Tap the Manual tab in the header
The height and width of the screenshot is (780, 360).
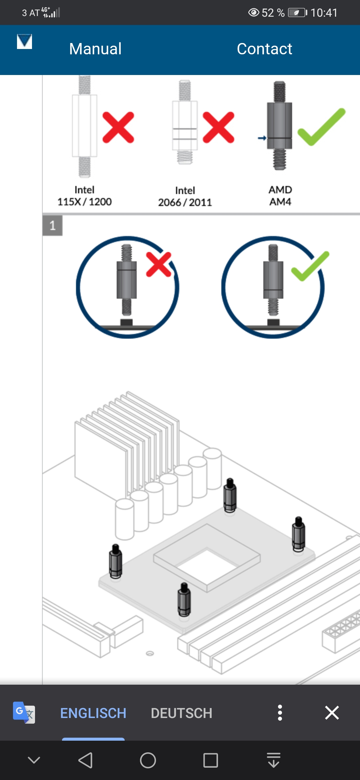[95, 49]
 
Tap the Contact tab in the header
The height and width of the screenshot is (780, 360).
[264, 49]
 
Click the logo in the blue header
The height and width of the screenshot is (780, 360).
[24, 42]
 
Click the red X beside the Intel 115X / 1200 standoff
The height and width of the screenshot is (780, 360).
[118, 128]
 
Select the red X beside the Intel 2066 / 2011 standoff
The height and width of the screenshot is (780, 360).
[219, 128]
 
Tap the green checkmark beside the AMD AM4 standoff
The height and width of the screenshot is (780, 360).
[321, 127]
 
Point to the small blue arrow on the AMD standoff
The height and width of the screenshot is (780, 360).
[262, 138]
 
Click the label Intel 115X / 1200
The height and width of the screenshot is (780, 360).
[84, 196]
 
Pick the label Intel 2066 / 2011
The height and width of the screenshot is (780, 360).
[185, 197]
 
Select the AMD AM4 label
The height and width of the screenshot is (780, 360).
[280, 196]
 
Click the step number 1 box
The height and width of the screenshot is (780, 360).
[53, 226]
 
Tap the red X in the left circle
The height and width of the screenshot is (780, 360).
[159, 264]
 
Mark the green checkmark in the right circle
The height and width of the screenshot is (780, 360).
[310, 266]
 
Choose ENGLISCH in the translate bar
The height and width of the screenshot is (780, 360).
[93, 713]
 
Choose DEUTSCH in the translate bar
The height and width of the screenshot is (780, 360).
[181, 713]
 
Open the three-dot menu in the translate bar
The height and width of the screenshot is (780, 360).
[280, 713]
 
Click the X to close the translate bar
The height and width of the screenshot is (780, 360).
[332, 713]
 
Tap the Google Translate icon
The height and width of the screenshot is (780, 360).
[24, 713]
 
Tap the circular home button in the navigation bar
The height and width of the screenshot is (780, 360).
[148, 760]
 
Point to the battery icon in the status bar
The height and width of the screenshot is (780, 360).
[297, 13]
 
